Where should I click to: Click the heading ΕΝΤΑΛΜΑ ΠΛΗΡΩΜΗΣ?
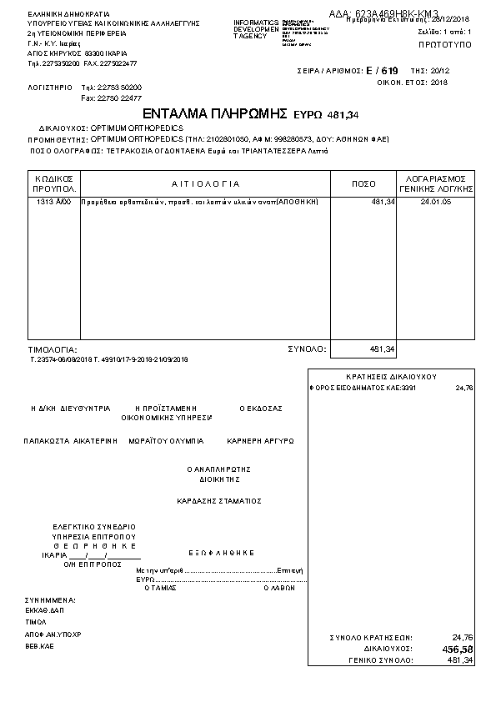tap(215, 113)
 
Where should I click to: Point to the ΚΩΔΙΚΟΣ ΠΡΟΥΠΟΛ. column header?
tap(54, 183)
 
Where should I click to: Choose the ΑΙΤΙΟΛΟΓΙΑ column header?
tap(205, 183)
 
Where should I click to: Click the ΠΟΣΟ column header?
tap(364, 183)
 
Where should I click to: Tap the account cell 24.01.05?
tap(435, 203)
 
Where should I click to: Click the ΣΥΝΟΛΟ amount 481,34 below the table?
tap(381, 349)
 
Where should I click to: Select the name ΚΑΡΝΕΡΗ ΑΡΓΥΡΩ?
tap(260, 440)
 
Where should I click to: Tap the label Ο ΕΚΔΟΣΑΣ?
tap(261, 409)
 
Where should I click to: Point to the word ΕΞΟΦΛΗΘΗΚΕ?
tap(221, 553)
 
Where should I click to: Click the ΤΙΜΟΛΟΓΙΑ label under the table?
tap(53, 350)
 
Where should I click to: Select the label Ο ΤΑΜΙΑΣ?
tap(160, 587)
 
